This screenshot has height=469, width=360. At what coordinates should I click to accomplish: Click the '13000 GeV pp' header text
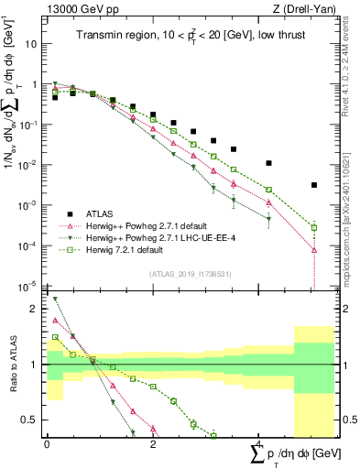[81, 8]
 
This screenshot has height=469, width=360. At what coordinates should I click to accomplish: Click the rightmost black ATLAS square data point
[313, 185]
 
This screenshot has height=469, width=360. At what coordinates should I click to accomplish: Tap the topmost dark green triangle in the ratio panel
[55, 300]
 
